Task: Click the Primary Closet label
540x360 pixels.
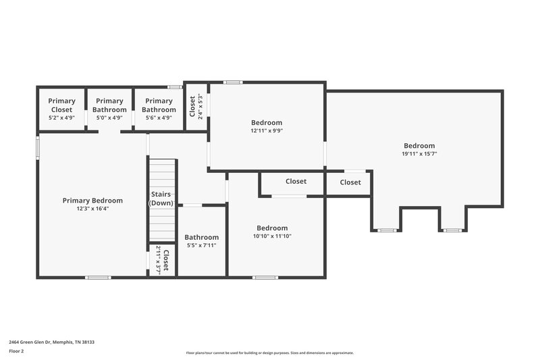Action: tap(61, 105)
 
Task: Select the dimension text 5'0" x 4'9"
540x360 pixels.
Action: tap(109, 118)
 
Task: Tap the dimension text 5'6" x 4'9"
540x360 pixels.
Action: tap(159, 118)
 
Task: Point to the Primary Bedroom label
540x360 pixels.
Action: tap(92, 200)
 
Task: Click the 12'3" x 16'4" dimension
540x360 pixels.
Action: tap(92, 209)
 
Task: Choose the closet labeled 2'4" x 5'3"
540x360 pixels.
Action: tap(195, 106)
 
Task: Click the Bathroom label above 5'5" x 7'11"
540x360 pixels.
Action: tap(201, 237)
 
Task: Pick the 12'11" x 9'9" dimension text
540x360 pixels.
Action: tap(267, 131)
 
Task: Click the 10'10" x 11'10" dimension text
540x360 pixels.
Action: tap(272, 236)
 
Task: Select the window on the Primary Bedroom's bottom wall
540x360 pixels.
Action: tap(99, 277)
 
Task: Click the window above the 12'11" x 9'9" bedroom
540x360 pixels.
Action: tap(233, 82)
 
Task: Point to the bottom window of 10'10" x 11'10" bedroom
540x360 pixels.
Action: tap(265, 277)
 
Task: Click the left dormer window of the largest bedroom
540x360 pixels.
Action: tap(386, 230)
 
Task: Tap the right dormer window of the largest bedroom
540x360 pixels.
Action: tap(452, 230)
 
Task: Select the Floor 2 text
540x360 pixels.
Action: tap(16, 351)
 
